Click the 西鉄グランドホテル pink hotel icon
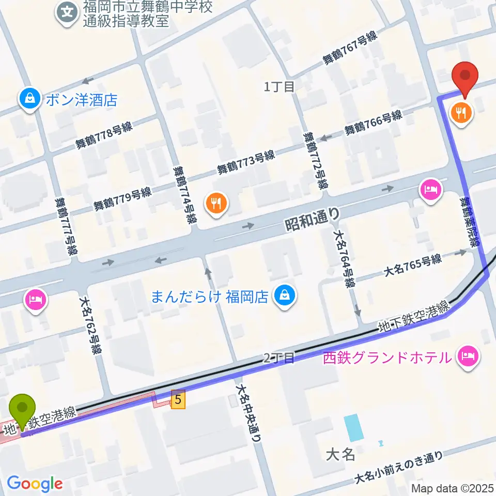(x=468, y=356)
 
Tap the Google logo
(x=35, y=484)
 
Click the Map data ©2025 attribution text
(x=453, y=488)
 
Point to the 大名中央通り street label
(x=247, y=413)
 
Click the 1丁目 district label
(x=280, y=87)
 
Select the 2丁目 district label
(x=278, y=358)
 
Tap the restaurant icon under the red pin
(x=461, y=113)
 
